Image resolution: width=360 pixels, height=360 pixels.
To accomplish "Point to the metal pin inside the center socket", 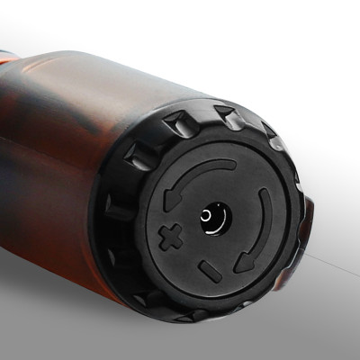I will click(212, 218).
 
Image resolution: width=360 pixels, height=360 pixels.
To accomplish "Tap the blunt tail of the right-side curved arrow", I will click(262, 195).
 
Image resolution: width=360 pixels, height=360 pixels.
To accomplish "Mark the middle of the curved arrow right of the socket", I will click(261, 229).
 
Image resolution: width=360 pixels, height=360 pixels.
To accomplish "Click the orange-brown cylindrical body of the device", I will click(63, 153).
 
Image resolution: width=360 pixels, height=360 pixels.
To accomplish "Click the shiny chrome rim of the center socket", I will click(221, 212).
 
